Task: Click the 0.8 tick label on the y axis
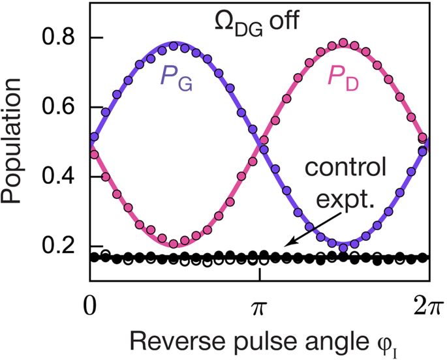click(x=56, y=38)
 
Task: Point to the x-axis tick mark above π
click(x=260, y=276)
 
